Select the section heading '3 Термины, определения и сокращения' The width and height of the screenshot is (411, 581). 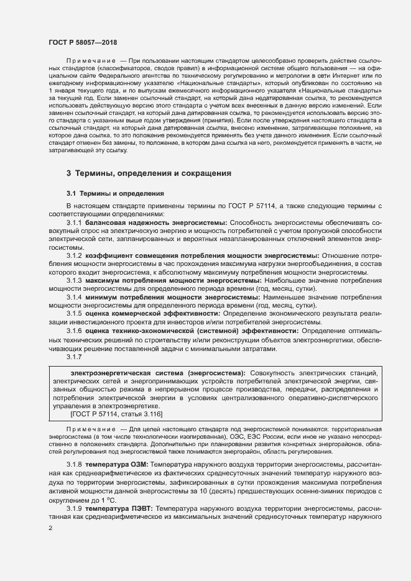[149, 173]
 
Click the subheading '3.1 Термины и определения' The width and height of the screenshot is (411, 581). [114, 193]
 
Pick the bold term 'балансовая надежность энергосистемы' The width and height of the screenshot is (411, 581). [157, 222]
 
